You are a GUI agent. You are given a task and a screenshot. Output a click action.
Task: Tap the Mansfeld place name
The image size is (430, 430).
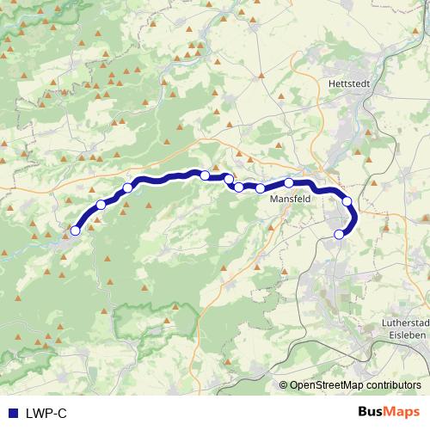tap(290, 199)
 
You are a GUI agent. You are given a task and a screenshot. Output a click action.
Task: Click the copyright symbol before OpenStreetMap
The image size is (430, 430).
tap(284, 385)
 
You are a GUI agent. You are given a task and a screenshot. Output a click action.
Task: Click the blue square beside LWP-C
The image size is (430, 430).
tap(12, 414)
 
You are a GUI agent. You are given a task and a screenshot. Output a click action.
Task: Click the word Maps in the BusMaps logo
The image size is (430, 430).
tap(403, 413)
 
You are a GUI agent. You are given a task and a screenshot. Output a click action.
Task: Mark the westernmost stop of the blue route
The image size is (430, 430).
tap(76, 230)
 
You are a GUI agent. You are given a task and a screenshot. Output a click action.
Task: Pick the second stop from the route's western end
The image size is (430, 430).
tap(101, 205)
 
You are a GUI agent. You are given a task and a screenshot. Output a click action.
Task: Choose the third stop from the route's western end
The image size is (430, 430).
tap(127, 188)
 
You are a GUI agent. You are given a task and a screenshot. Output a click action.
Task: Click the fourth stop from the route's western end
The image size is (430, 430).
tap(205, 175)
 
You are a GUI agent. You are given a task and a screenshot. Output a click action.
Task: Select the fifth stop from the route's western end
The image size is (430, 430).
tap(229, 179)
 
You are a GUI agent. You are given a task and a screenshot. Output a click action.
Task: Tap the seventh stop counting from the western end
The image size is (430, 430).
tap(260, 188)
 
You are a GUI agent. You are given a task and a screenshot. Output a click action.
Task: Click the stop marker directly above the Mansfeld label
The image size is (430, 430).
tap(289, 183)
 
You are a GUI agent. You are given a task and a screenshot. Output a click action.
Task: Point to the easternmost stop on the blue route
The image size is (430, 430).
tap(347, 202)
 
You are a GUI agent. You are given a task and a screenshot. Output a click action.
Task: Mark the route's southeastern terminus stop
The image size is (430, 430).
tap(339, 234)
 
